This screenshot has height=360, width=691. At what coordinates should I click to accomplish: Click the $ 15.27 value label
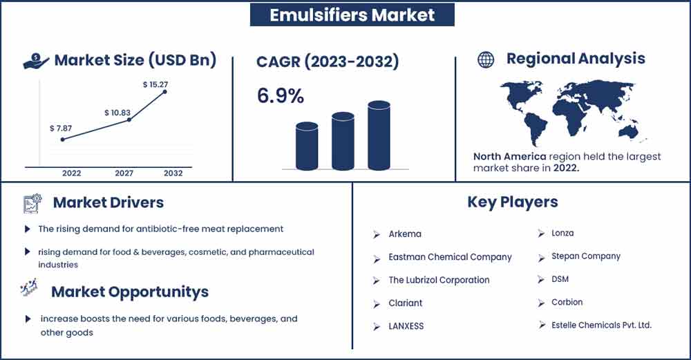[155, 84]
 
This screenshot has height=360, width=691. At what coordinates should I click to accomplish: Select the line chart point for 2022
[63, 140]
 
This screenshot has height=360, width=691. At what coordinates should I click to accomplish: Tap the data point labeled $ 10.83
[129, 120]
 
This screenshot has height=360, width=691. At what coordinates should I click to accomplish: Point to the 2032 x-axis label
[173, 173]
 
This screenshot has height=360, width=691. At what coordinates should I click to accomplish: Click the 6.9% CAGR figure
[281, 95]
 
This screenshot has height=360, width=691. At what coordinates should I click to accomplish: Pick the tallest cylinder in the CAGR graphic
[379, 135]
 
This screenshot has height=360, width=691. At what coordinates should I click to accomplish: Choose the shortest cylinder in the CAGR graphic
[307, 146]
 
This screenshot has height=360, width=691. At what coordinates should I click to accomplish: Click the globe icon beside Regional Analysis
[486, 59]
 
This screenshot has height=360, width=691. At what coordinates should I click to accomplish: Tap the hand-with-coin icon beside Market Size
[36, 61]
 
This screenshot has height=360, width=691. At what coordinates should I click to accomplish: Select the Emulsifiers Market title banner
[352, 15]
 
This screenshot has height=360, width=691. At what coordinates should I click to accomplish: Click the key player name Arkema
[404, 234]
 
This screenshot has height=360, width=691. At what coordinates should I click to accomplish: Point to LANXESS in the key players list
[406, 326]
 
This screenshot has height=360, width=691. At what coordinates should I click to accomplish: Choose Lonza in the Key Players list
[562, 233]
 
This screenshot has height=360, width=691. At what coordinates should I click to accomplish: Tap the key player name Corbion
[567, 302]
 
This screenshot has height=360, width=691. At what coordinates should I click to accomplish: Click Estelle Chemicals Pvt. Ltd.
[601, 325]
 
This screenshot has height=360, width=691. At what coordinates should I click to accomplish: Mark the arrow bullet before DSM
[541, 279]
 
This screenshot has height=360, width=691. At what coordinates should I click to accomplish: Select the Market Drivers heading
[108, 202]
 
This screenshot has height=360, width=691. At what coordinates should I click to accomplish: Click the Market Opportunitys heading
[130, 292]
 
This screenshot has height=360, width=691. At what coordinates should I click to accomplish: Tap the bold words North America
[509, 156]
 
